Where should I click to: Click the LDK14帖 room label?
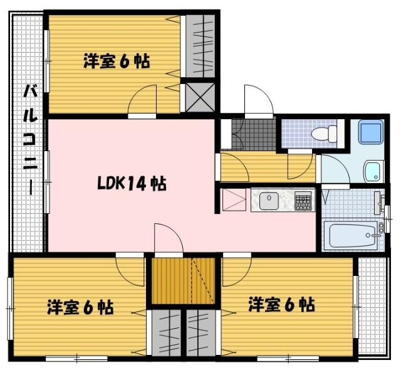(x=131, y=184)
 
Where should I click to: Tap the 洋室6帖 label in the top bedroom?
(x=117, y=61)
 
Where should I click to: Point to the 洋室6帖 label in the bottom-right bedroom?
(x=281, y=305)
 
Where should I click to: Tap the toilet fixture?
(x=325, y=134)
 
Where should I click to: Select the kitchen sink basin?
(x=269, y=201)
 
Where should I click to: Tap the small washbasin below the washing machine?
(x=374, y=170)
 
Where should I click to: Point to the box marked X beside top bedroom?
(x=199, y=97)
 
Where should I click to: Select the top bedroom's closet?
(x=199, y=45)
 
